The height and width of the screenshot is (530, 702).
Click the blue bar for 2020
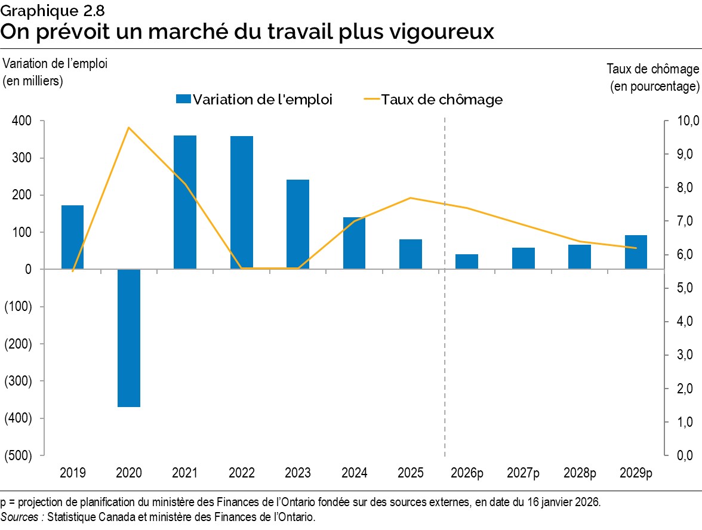pyautogui.click(x=128, y=338)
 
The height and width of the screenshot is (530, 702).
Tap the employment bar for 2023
pyautogui.click(x=298, y=224)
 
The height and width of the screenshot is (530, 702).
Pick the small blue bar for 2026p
pyautogui.click(x=467, y=261)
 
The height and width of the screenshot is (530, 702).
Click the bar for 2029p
pyautogui.click(x=636, y=252)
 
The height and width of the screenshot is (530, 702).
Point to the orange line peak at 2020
pyautogui.click(x=128, y=127)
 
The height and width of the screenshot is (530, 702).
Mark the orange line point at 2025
pyautogui.click(x=411, y=198)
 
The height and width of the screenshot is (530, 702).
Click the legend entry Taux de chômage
pyautogui.click(x=441, y=100)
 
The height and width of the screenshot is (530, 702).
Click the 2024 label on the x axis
pyautogui.click(x=354, y=473)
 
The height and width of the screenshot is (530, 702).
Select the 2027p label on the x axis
pyautogui.click(x=523, y=473)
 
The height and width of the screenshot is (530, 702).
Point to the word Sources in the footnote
pyautogui.click(x=20, y=517)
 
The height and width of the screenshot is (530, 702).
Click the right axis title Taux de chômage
pyautogui.click(x=652, y=69)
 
